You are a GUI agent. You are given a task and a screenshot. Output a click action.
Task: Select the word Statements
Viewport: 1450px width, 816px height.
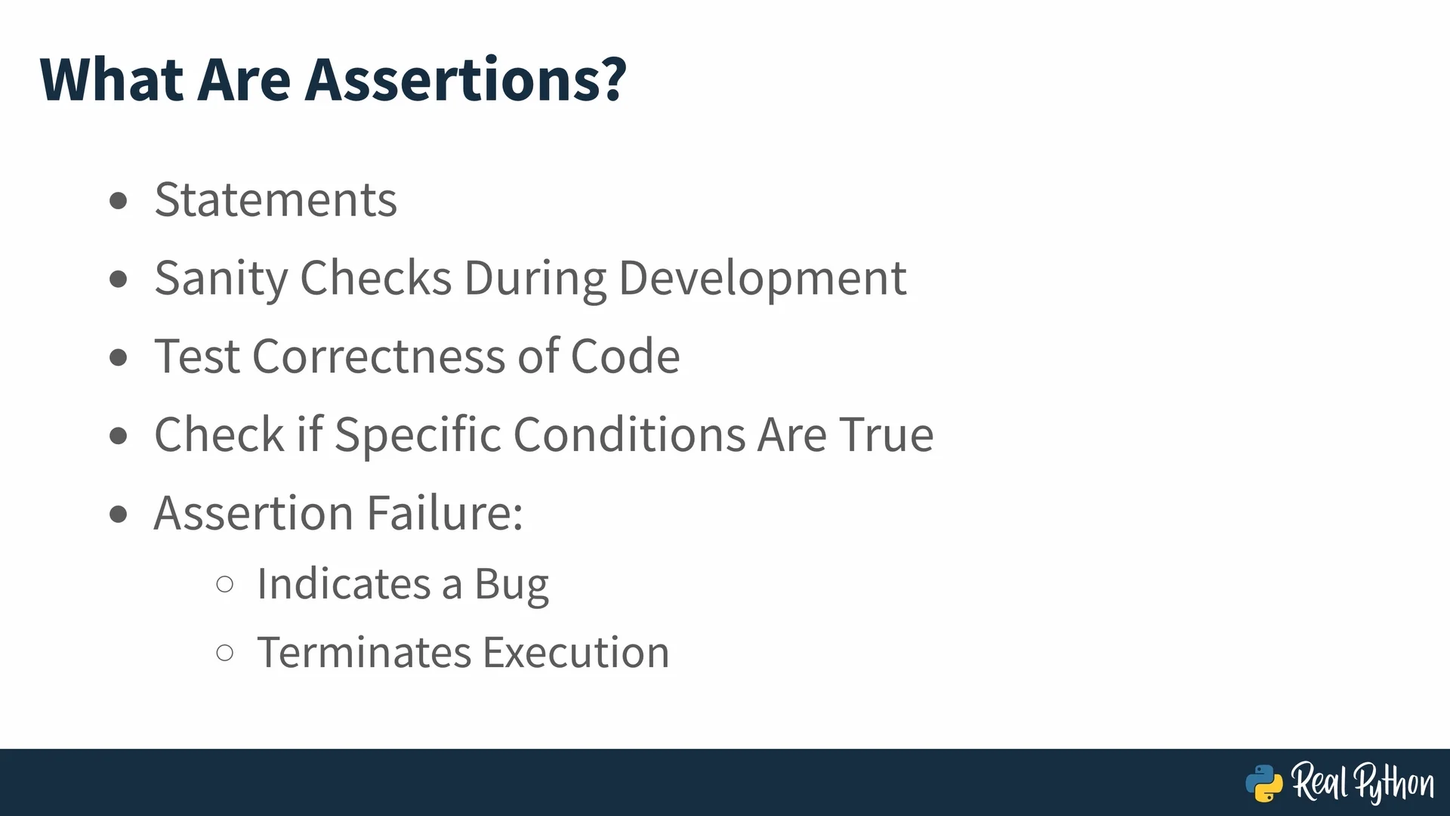click(x=276, y=199)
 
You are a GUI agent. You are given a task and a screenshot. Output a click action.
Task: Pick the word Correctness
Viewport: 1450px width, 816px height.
click(x=378, y=356)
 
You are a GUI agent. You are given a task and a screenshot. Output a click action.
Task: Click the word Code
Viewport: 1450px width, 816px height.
click(x=625, y=356)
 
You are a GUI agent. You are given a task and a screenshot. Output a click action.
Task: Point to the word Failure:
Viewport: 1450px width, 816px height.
click(x=445, y=512)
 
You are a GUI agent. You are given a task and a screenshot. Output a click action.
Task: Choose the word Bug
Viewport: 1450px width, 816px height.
click(x=511, y=585)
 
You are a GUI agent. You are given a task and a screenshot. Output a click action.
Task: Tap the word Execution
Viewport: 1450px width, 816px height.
click(x=576, y=652)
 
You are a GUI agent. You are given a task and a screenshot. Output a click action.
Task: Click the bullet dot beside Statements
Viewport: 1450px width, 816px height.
click(x=119, y=201)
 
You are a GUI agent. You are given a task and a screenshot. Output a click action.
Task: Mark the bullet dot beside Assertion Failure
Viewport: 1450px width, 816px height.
click(x=119, y=515)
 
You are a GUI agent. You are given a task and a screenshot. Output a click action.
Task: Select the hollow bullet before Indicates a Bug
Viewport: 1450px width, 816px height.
click(x=224, y=584)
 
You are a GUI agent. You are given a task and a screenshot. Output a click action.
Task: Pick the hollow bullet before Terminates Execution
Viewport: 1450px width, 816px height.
click(x=224, y=652)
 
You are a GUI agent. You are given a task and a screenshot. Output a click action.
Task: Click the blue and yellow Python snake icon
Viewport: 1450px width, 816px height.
click(x=1264, y=784)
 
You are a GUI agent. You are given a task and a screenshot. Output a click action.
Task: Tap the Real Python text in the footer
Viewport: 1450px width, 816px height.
click(x=1362, y=783)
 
